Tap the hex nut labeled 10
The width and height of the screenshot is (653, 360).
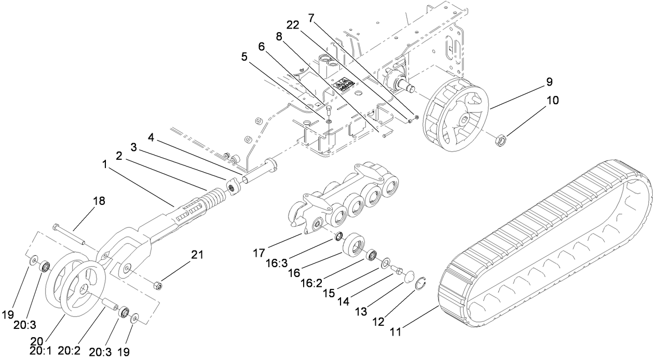pos(501,139)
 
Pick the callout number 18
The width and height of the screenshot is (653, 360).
pos(99,201)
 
